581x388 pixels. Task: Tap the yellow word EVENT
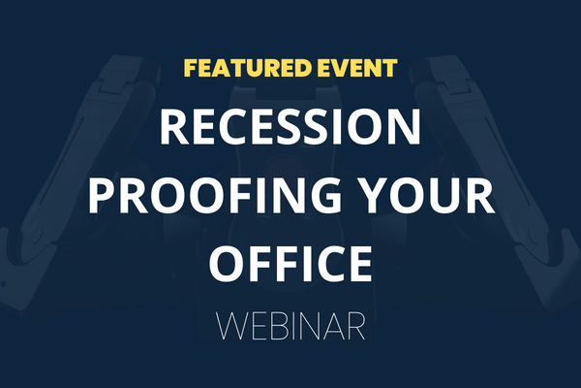356,68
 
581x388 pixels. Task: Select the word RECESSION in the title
290,127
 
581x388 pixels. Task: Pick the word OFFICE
290,263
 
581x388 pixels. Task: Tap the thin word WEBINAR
290,326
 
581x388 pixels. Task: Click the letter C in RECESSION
226,127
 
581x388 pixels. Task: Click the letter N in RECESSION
405,127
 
